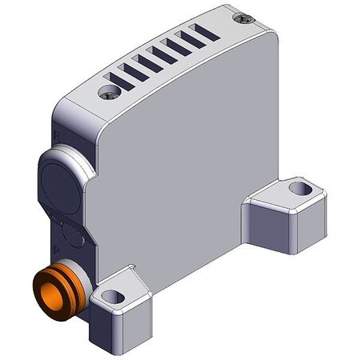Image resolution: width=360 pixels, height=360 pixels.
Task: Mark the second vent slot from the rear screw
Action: click(190, 40)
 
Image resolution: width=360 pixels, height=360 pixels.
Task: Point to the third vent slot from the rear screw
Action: click(175, 48)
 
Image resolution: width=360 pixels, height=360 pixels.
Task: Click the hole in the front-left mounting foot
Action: click(114, 297)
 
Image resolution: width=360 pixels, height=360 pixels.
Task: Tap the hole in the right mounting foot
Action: click(299, 190)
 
